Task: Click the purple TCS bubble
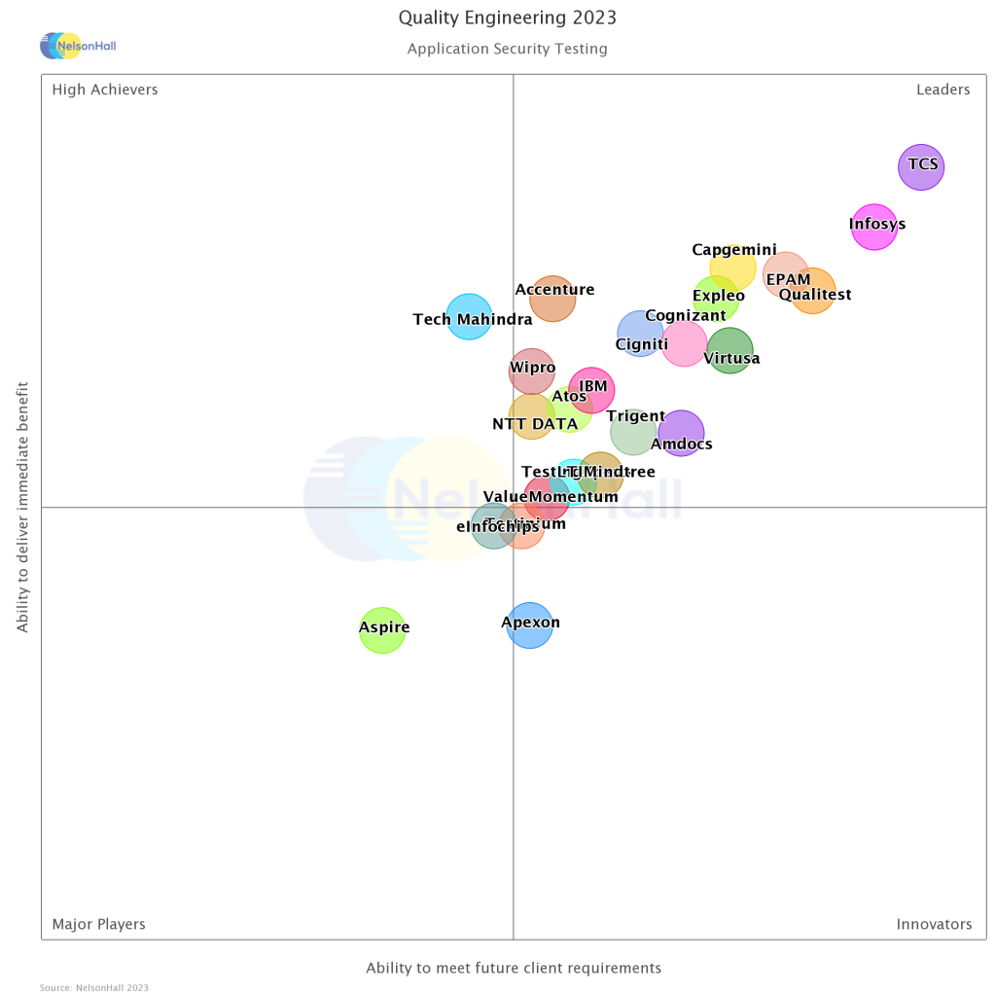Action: click(920, 167)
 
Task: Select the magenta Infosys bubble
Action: click(874, 228)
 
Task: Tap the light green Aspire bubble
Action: click(382, 630)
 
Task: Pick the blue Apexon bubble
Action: click(529, 624)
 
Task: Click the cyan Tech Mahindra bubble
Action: click(469, 317)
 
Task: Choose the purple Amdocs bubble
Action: click(681, 433)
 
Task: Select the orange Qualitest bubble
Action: click(812, 291)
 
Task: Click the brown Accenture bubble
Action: click(552, 298)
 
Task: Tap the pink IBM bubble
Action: click(591, 391)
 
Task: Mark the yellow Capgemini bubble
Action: click(732, 267)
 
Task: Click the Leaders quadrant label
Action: click(943, 89)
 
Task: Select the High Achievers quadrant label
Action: click(105, 89)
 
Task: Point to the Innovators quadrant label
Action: click(934, 924)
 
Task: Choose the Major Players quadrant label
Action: click(98, 924)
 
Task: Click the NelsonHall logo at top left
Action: click(78, 45)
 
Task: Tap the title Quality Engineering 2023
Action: click(508, 18)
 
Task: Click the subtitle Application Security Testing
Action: click(508, 49)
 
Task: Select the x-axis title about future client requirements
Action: click(514, 968)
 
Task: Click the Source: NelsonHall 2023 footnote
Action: click(94, 988)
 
